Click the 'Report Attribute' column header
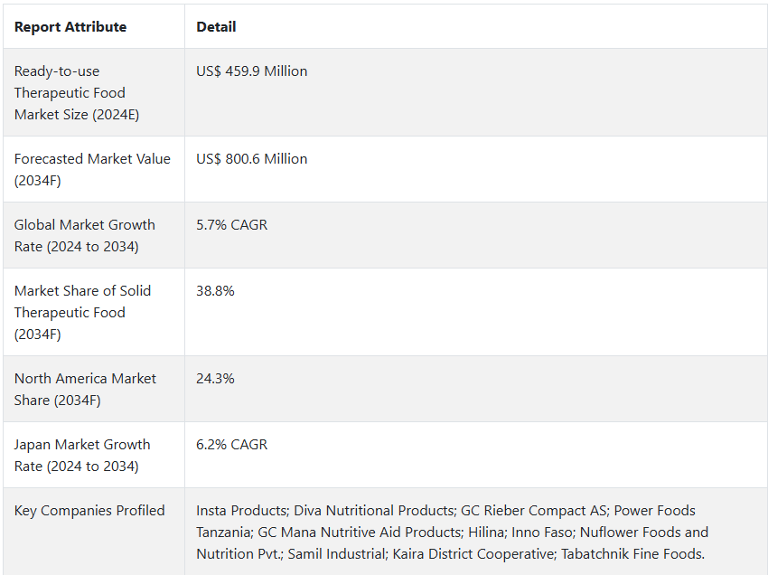coord(70,27)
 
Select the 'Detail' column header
coord(216,27)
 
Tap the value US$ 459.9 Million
coord(251,71)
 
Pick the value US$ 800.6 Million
coord(251,159)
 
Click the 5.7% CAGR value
coord(231,225)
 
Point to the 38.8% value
coord(215,291)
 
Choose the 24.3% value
coord(215,379)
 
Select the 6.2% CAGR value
coord(231,445)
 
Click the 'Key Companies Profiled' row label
coord(89,511)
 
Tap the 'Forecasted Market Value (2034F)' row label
coord(91,170)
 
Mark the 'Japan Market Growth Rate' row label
coord(81,456)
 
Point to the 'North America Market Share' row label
coord(84,390)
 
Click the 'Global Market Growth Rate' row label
coord(84,236)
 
